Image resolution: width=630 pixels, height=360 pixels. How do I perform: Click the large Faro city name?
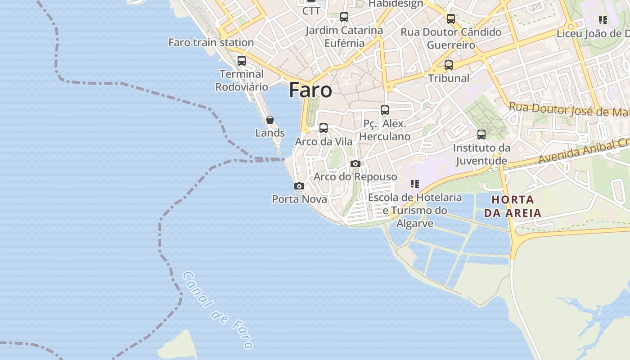click(x=310, y=90)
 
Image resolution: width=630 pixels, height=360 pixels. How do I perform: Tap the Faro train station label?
click(x=211, y=42)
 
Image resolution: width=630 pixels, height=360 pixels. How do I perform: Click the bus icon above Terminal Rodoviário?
click(x=242, y=60)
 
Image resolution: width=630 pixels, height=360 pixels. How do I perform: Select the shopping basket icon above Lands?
click(x=270, y=120)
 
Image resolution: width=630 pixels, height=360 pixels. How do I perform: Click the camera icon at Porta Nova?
click(x=299, y=186)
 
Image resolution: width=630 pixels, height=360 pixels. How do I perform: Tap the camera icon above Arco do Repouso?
click(x=355, y=163)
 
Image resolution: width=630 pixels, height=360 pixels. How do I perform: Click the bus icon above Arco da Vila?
click(x=324, y=128)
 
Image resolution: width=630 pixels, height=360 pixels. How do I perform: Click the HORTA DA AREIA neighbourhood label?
click(x=513, y=206)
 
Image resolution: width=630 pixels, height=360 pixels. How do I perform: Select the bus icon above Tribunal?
click(x=449, y=65)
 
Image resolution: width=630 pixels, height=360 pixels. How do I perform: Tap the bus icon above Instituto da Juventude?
click(x=481, y=134)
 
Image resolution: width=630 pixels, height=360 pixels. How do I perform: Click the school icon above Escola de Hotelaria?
click(x=414, y=184)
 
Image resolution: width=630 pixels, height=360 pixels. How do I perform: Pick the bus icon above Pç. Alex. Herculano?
click(x=385, y=110)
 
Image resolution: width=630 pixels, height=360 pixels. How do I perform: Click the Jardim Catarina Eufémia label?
click(x=344, y=36)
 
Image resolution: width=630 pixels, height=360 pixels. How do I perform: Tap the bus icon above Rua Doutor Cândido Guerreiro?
click(x=451, y=18)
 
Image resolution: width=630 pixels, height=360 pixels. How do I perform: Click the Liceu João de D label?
click(x=593, y=34)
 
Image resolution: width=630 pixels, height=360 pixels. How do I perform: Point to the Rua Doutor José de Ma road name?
click(x=569, y=109)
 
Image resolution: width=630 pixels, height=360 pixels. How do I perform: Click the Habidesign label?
click(x=396, y=4)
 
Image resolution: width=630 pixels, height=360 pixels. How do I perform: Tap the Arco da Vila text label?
click(x=324, y=142)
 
